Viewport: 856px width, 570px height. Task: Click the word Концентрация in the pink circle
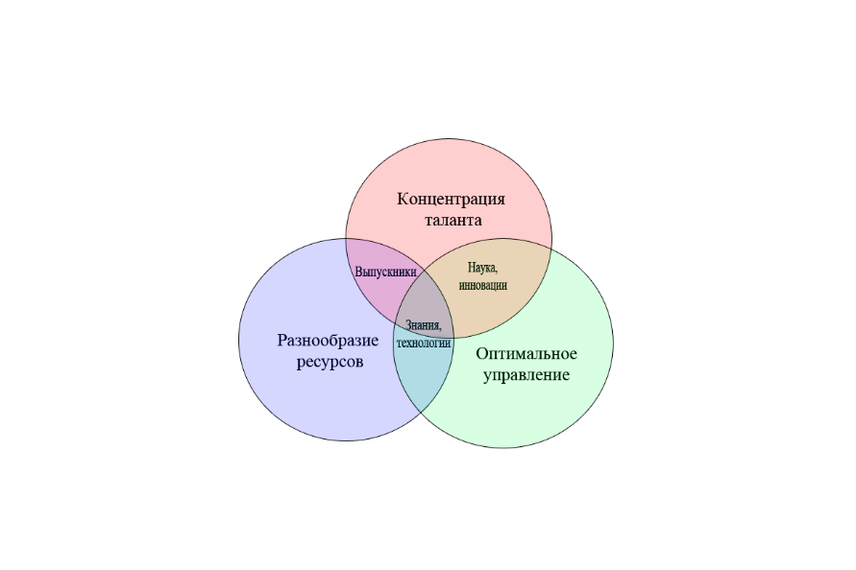[x=451, y=200]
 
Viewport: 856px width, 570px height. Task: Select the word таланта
[x=453, y=221]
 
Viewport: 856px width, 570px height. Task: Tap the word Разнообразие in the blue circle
[x=329, y=341]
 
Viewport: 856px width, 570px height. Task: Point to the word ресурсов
[x=330, y=362]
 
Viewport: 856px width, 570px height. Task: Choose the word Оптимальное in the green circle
[x=526, y=353]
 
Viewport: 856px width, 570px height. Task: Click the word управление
[x=526, y=376]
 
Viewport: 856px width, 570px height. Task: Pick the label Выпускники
[x=385, y=272]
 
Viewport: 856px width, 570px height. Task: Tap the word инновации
[x=483, y=285]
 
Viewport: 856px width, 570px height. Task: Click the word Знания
[x=424, y=325]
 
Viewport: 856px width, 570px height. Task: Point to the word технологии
[x=424, y=344]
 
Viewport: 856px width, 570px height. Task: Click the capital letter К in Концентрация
[x=403, y=199]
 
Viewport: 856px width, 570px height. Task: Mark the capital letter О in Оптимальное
[x=482, y=353]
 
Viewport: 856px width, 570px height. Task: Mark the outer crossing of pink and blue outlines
[x=346, y=239]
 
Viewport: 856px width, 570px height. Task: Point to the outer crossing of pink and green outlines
[x=551, y=249]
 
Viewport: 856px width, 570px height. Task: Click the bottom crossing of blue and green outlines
[x=422, y=412]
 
